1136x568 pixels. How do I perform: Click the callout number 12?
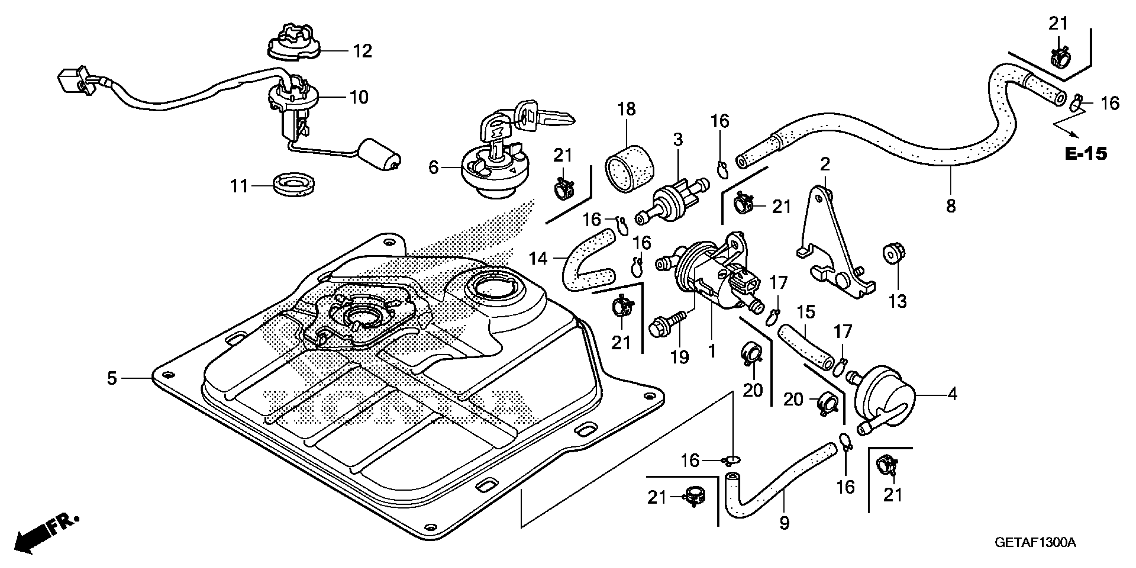(x=363, y=51)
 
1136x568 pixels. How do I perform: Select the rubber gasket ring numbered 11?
(x=294, y=185)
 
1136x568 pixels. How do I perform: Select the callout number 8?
(x=951, y=206)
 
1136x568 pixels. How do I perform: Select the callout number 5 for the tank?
(x=112, y=378)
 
